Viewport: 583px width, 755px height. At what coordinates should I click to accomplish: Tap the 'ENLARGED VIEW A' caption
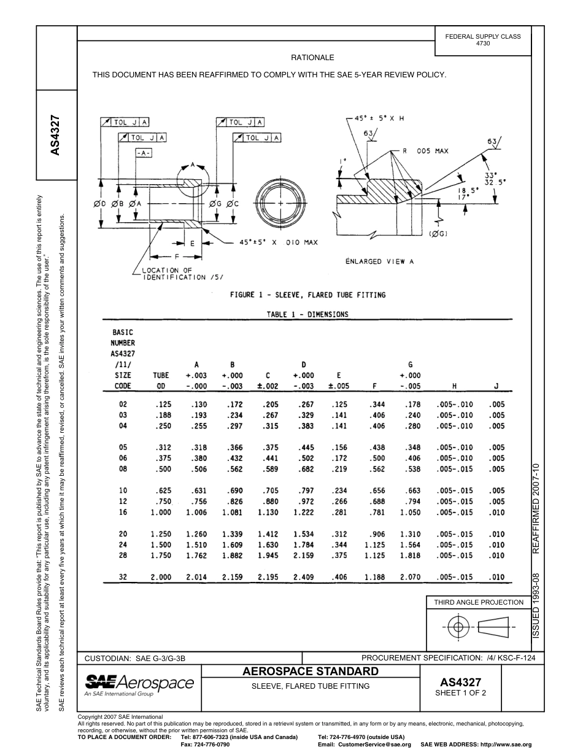point(380,261)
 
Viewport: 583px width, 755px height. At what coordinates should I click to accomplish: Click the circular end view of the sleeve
point(280,202)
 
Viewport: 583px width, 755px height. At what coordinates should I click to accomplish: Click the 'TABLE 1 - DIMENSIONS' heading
point(307,314)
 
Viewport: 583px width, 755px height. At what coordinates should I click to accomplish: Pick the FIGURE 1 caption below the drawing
point(307,295)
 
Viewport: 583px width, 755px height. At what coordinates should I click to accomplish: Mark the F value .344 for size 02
point(377,405)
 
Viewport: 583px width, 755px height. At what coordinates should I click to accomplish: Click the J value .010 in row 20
point(496,534)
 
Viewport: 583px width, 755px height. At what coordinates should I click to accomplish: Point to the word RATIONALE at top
point(312,57)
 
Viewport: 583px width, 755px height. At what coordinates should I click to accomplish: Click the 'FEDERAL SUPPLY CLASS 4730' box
point(482,40)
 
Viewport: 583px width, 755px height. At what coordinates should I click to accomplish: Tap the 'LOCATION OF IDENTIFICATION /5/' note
point(174,274)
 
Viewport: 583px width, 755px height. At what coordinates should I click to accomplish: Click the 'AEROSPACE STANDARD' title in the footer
point(311,671)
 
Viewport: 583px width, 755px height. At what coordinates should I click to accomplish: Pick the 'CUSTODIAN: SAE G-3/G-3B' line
point(134,659)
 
